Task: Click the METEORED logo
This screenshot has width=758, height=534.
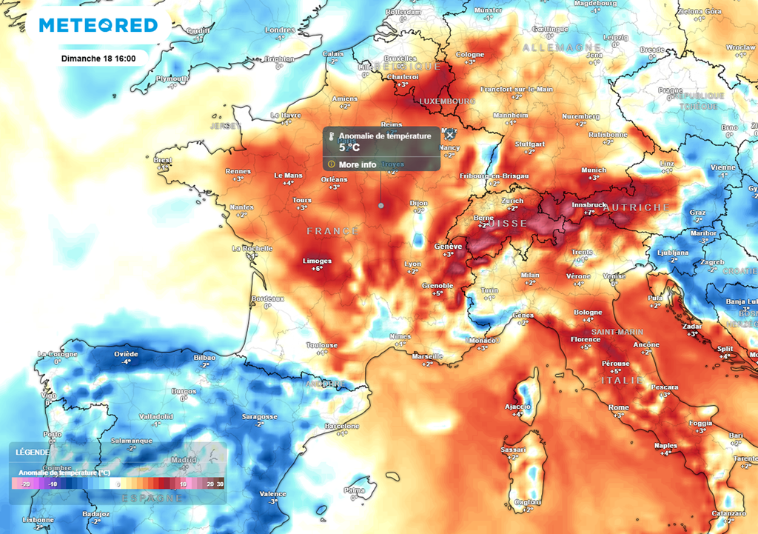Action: [x=98, y=25]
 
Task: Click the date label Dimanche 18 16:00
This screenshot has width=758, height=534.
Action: [x=103, y=58]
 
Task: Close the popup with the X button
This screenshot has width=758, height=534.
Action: [x=449, y=136]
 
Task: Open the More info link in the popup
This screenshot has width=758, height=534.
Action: [x=358, y=164]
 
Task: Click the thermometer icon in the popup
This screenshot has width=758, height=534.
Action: [x=332, y=136]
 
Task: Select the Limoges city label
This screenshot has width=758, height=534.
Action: [x=317, y=261]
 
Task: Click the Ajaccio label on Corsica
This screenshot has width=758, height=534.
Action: [x=517, y=406]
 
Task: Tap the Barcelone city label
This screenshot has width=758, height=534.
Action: [x=342, y=427]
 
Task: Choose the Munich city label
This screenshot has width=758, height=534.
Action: [x=594, y=170]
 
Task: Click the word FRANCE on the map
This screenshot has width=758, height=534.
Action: [x=332, y=232]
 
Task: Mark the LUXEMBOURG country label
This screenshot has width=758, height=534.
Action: [x=446, y=101]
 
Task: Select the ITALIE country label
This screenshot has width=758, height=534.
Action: [x=621, y=380]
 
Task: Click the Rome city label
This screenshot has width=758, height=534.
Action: [x=618, y=407]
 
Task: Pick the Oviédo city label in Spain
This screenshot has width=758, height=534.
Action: [x=126, y=354]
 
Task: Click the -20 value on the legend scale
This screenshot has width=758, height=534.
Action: [x=26, y=483]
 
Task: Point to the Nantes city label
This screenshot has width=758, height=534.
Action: [x=241, y=207]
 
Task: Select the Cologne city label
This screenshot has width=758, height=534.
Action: [x=470, y=55]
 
